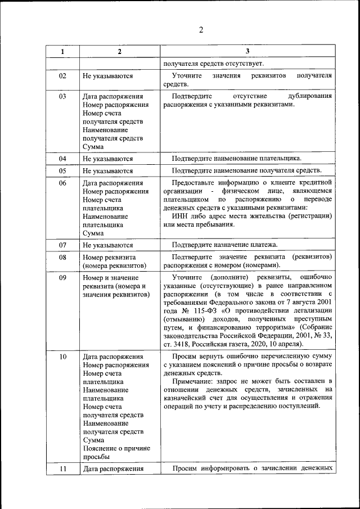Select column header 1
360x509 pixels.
click(62, 52)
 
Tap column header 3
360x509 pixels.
click(247, 52)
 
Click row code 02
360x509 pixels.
click(62, 75)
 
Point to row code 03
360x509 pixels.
click(62, 96)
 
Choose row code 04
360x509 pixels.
click(62, 159)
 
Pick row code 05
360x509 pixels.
click(62, 170)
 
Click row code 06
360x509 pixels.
click(62, 183)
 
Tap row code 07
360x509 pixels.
click(62, 245)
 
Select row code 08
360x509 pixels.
click(62, 257)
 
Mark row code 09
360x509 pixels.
click(62, 278)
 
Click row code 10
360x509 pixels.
click(62, 357)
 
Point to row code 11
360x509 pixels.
click(62, 469)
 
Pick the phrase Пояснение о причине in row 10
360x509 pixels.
click(116, 448)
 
